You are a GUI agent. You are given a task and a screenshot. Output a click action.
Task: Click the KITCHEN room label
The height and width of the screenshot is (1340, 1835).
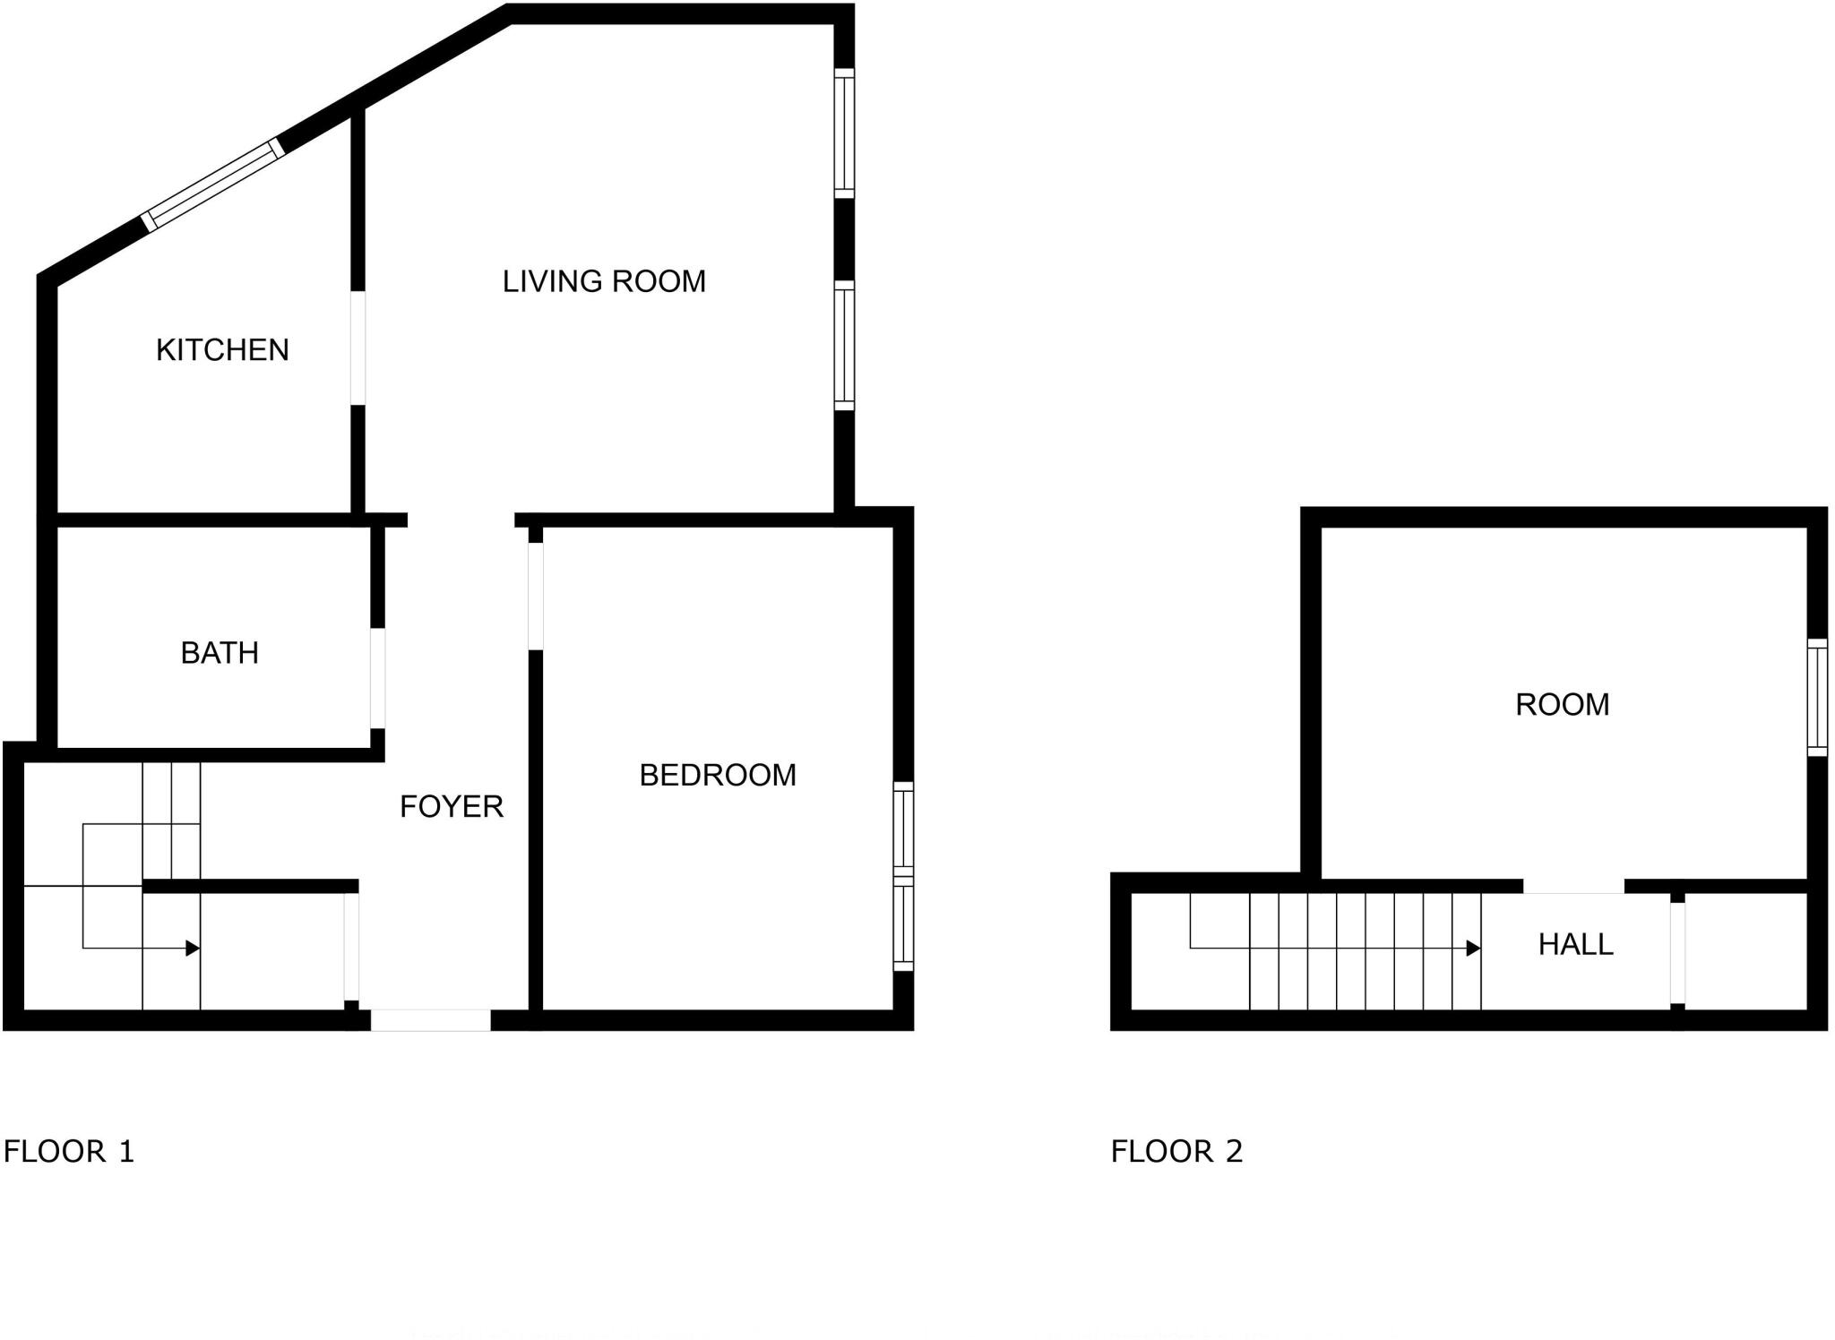pyautogui.click(x=222, y=349)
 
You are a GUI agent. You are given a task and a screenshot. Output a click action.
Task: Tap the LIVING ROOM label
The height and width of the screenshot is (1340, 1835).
pyautogui.click(x=604, y=281)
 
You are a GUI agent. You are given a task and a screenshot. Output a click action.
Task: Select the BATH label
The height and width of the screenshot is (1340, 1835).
pyautogui.click(x=220, y=653)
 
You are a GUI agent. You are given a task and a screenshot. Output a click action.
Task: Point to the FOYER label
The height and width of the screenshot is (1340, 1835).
pyautogui.click(x=451, y=806)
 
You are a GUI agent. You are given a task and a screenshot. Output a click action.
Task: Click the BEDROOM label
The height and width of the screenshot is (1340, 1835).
pyautogui.click(x=718, y=775)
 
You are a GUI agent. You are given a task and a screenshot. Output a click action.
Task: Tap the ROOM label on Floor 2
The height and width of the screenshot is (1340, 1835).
pyautogui.click(x=1562, y=705)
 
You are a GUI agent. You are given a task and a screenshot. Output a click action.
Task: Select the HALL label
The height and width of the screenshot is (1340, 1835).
pyautogui.click(x=1575, y=944)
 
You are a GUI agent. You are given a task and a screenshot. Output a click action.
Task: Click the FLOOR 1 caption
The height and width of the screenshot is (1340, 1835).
pyautogui.click(x=69, y=1151)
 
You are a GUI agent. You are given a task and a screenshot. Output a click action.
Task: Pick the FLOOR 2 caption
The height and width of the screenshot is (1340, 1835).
pyautogui.click(x=1176, y=1151)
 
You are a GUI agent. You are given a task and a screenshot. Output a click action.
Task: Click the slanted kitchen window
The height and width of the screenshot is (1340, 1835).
pyautogui.click(x=213, y=185)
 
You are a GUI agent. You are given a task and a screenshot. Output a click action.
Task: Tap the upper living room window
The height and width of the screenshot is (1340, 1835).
pyautogui.click(x=844, y=133)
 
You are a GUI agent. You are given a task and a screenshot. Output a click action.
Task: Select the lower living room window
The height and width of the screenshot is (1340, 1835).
pyautogui.click(x=844, y=346)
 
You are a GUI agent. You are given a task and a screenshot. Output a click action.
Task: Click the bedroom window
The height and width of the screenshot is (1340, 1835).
pyautogui.click(x=903, y=876)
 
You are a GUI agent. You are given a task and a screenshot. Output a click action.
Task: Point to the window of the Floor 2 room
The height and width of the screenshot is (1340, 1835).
pyautogui.click(x=1817, y=698)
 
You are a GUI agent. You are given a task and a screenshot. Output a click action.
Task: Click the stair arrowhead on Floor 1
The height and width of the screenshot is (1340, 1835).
pyautogui.click(x=192, y=948)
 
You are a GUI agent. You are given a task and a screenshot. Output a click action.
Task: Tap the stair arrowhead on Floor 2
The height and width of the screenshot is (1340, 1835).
pyautogui.click(x=1473, y=948)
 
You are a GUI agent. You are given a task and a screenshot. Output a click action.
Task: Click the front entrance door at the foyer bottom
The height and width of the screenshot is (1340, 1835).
pyautogui.click(x=431, y=1019)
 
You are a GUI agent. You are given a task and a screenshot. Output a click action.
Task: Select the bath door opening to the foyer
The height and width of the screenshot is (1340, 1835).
pyautogui.click(x=378, y=677)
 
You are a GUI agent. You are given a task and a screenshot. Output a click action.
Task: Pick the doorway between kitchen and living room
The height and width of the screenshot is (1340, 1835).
pyautogui.click(x=358, y=348)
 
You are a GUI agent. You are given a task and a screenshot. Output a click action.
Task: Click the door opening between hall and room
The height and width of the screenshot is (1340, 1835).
pyautogui.click(x=1573, y=886)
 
